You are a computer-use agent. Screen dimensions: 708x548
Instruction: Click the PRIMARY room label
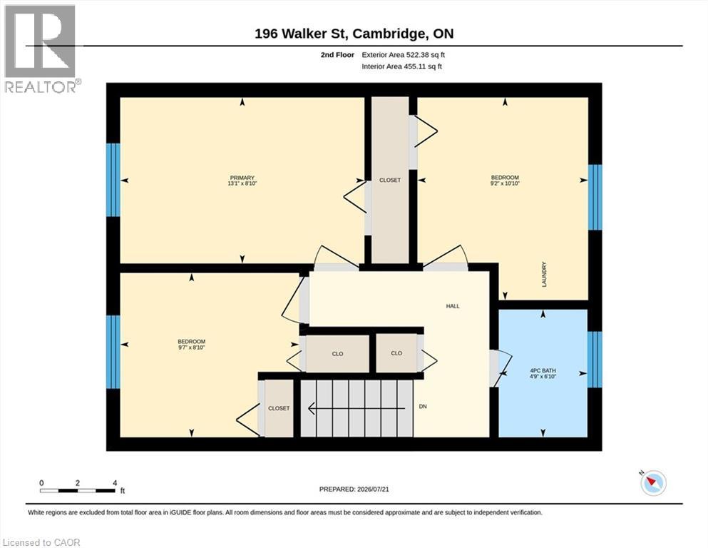[x=242, y=178]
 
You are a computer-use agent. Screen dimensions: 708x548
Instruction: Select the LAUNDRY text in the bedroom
[x=544, y=274]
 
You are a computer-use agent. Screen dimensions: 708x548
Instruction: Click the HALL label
[x=453, y=306]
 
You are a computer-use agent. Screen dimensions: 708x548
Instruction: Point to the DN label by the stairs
[x=423, y=407]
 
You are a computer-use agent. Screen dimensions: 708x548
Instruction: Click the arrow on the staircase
[x=356, y=409]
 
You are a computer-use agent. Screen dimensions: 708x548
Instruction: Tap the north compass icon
[x=653, y=482]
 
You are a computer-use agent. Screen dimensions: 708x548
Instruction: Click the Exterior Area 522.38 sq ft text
[x=404, y=55]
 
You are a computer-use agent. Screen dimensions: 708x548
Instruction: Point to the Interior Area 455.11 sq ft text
[x=402, y=66]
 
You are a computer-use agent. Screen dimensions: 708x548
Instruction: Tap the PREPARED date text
[x=354, y=489]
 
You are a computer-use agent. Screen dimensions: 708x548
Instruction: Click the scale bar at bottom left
[x=77, y=491]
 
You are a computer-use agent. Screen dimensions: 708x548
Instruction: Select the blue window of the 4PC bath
[x=595, y=360]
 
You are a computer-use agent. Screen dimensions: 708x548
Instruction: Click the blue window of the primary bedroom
[x=113, y=180]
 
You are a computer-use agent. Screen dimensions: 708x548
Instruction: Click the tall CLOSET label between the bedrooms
[x=390, y=181]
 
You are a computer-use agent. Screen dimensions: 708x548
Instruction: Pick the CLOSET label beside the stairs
[x=279, y=408]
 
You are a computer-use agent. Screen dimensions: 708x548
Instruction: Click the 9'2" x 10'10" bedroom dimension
[x=506, y=184]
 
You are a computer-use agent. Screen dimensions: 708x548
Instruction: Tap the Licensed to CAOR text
[x=41, y=542]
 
